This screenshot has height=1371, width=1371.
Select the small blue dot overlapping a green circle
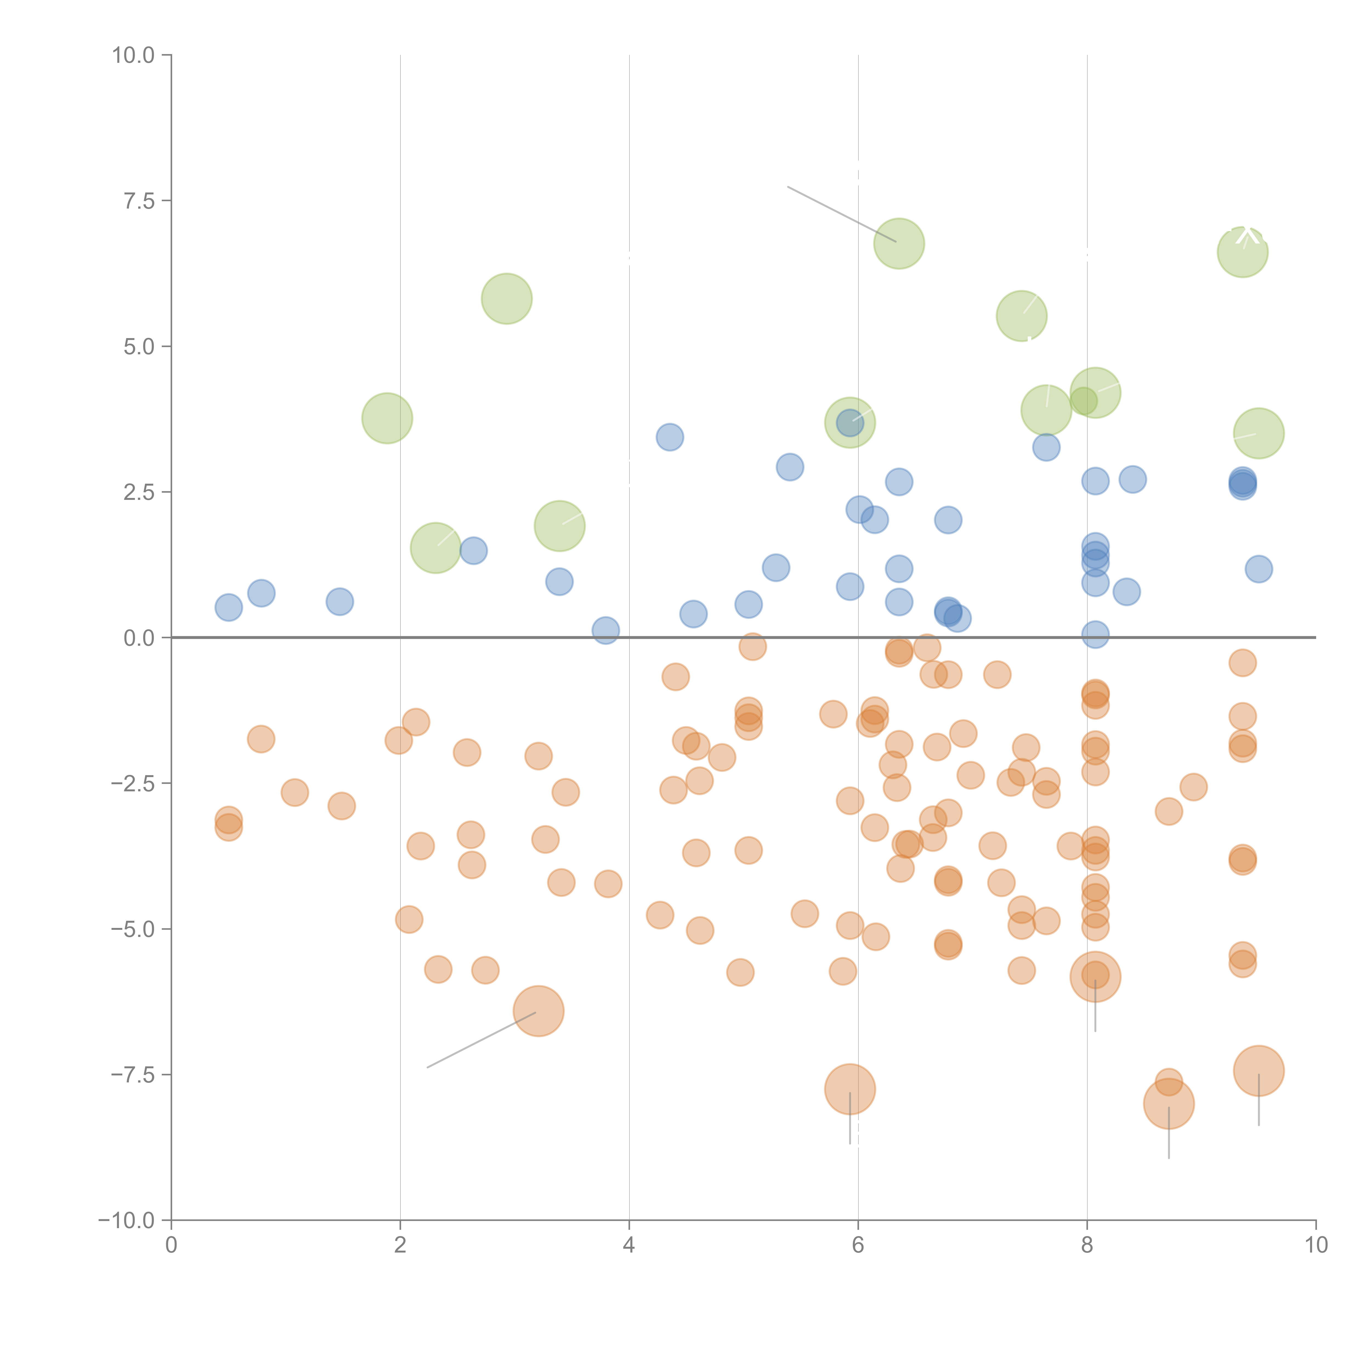pyautogui.click(x=849, y=423)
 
